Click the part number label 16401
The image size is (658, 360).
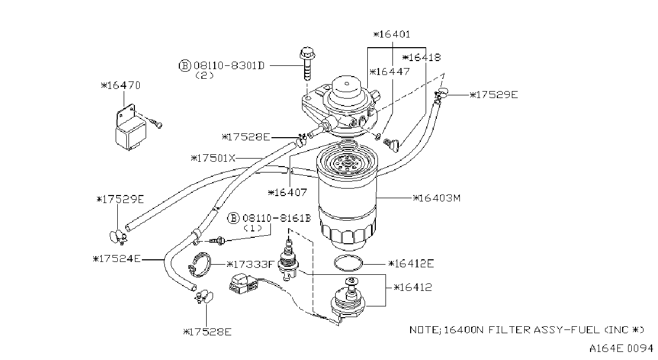coord(392,34)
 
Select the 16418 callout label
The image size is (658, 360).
coord(421,57)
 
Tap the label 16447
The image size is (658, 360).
coord(390,72)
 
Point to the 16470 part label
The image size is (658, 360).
coord(120,86)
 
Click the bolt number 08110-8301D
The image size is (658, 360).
coord(230,65)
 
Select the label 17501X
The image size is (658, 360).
coord(213,159)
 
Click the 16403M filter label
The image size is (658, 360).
coord(437,198)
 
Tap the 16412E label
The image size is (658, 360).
coord(411,264)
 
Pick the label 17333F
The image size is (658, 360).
coord(250,265)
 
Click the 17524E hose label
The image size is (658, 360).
coord(117,259)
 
